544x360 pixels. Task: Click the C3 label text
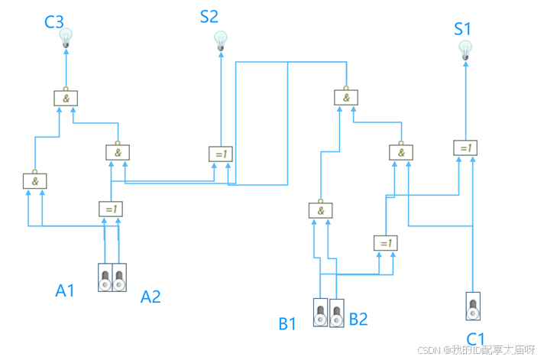(x=54, y=21)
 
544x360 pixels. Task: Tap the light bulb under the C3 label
(x=66, y=37)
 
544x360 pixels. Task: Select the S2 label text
(x=209, y=17)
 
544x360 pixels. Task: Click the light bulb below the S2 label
(x=222, y=40)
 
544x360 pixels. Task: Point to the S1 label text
(x=463, y=29)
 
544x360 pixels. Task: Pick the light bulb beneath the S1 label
(x=465, y=50)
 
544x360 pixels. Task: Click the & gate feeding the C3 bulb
(x=66, y=98)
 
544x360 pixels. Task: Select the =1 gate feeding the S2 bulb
(x=221, y=154)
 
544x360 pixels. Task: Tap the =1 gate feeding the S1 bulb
(x=465, y=148)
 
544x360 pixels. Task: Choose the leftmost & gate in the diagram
(x=35, y=181)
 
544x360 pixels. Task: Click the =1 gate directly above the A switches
(x=111, y=208)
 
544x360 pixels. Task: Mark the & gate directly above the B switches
(x=321, y=209)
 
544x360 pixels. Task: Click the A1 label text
(x=66, y=290)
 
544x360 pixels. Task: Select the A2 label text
(x=151, y=297)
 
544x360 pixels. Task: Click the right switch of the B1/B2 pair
(x=336, y=313)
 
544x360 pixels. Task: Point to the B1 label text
(x=287, y=324)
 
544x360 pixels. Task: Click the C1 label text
(x=475, y=339)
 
